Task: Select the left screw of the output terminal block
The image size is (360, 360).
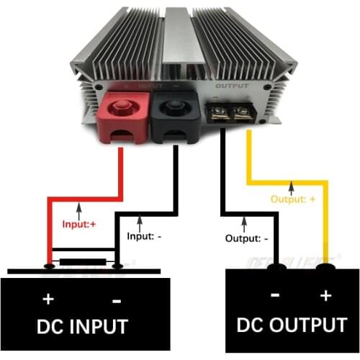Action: point(218,112)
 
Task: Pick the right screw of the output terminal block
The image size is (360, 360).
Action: point(239,112)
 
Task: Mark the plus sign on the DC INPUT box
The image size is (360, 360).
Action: point(49,298)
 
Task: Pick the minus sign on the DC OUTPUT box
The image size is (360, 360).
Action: point(274,295)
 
